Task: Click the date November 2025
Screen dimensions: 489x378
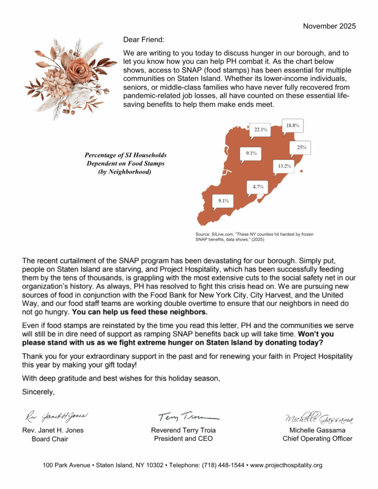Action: pos(329,26)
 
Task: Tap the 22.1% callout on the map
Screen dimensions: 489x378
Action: pos(261,129)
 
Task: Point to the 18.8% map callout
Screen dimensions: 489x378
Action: pos(292,126)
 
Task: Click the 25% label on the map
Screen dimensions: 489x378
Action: pos(301,148)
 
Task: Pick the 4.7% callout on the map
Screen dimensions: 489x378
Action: pos(258,187)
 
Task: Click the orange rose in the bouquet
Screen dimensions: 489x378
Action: pos(76,71)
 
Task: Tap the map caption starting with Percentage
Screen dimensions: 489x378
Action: pos(125,164)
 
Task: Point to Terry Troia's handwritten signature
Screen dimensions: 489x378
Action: pos(183,416)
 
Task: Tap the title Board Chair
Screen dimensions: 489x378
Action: pos(50,439)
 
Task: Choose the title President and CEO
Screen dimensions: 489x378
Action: pos(183,439)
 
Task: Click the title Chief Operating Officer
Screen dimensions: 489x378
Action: pos(317,439)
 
